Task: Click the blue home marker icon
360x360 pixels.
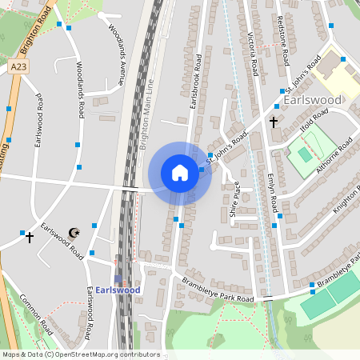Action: [x=180, y=173]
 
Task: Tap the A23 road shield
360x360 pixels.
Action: [x=20, y=69]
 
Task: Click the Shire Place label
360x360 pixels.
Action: [x=236, y=204]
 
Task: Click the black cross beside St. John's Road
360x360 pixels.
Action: [x=274, y=122]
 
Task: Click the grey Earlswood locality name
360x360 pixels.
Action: [x=313, y=100]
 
